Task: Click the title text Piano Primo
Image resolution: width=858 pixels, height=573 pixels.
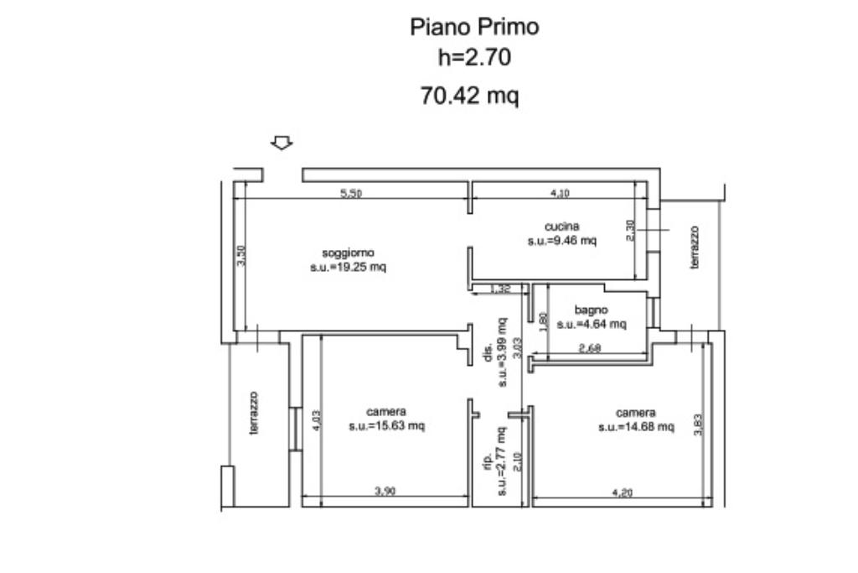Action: click(474, 27)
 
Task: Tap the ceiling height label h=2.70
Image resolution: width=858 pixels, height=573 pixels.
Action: click(474, 57)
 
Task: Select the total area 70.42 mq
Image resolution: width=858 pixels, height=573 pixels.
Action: click(469, 96)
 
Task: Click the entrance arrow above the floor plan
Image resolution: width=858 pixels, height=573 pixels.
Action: click(282, 143)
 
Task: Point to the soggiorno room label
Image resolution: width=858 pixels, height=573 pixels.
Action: click(348, 253)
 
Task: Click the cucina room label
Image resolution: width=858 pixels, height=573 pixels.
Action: click(561, 227)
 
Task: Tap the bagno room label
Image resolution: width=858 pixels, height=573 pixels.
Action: click(591, 310)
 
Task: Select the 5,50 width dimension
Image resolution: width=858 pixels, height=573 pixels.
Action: click(351, 193)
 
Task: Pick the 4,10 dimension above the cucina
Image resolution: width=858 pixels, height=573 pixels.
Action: click(559, 193)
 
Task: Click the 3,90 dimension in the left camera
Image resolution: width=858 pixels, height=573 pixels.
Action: click(385, 492)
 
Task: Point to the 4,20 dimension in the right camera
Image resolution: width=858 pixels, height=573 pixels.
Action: click(623, 492)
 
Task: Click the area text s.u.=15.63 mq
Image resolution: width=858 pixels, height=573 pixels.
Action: click(387, 425)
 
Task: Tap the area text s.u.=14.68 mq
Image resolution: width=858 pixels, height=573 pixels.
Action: click(636, 427)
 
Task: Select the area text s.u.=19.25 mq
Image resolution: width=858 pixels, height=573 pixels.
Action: click(348, 268)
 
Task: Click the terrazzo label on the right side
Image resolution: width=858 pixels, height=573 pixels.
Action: click(695, 247)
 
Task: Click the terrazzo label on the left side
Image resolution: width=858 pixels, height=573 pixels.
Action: click(254, 413)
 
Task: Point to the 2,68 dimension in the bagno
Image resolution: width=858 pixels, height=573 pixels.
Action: click(590, 348)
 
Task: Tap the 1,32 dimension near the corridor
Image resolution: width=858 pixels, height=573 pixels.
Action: click(499, 289)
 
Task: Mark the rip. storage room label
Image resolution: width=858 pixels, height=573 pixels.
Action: click(488, 462)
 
